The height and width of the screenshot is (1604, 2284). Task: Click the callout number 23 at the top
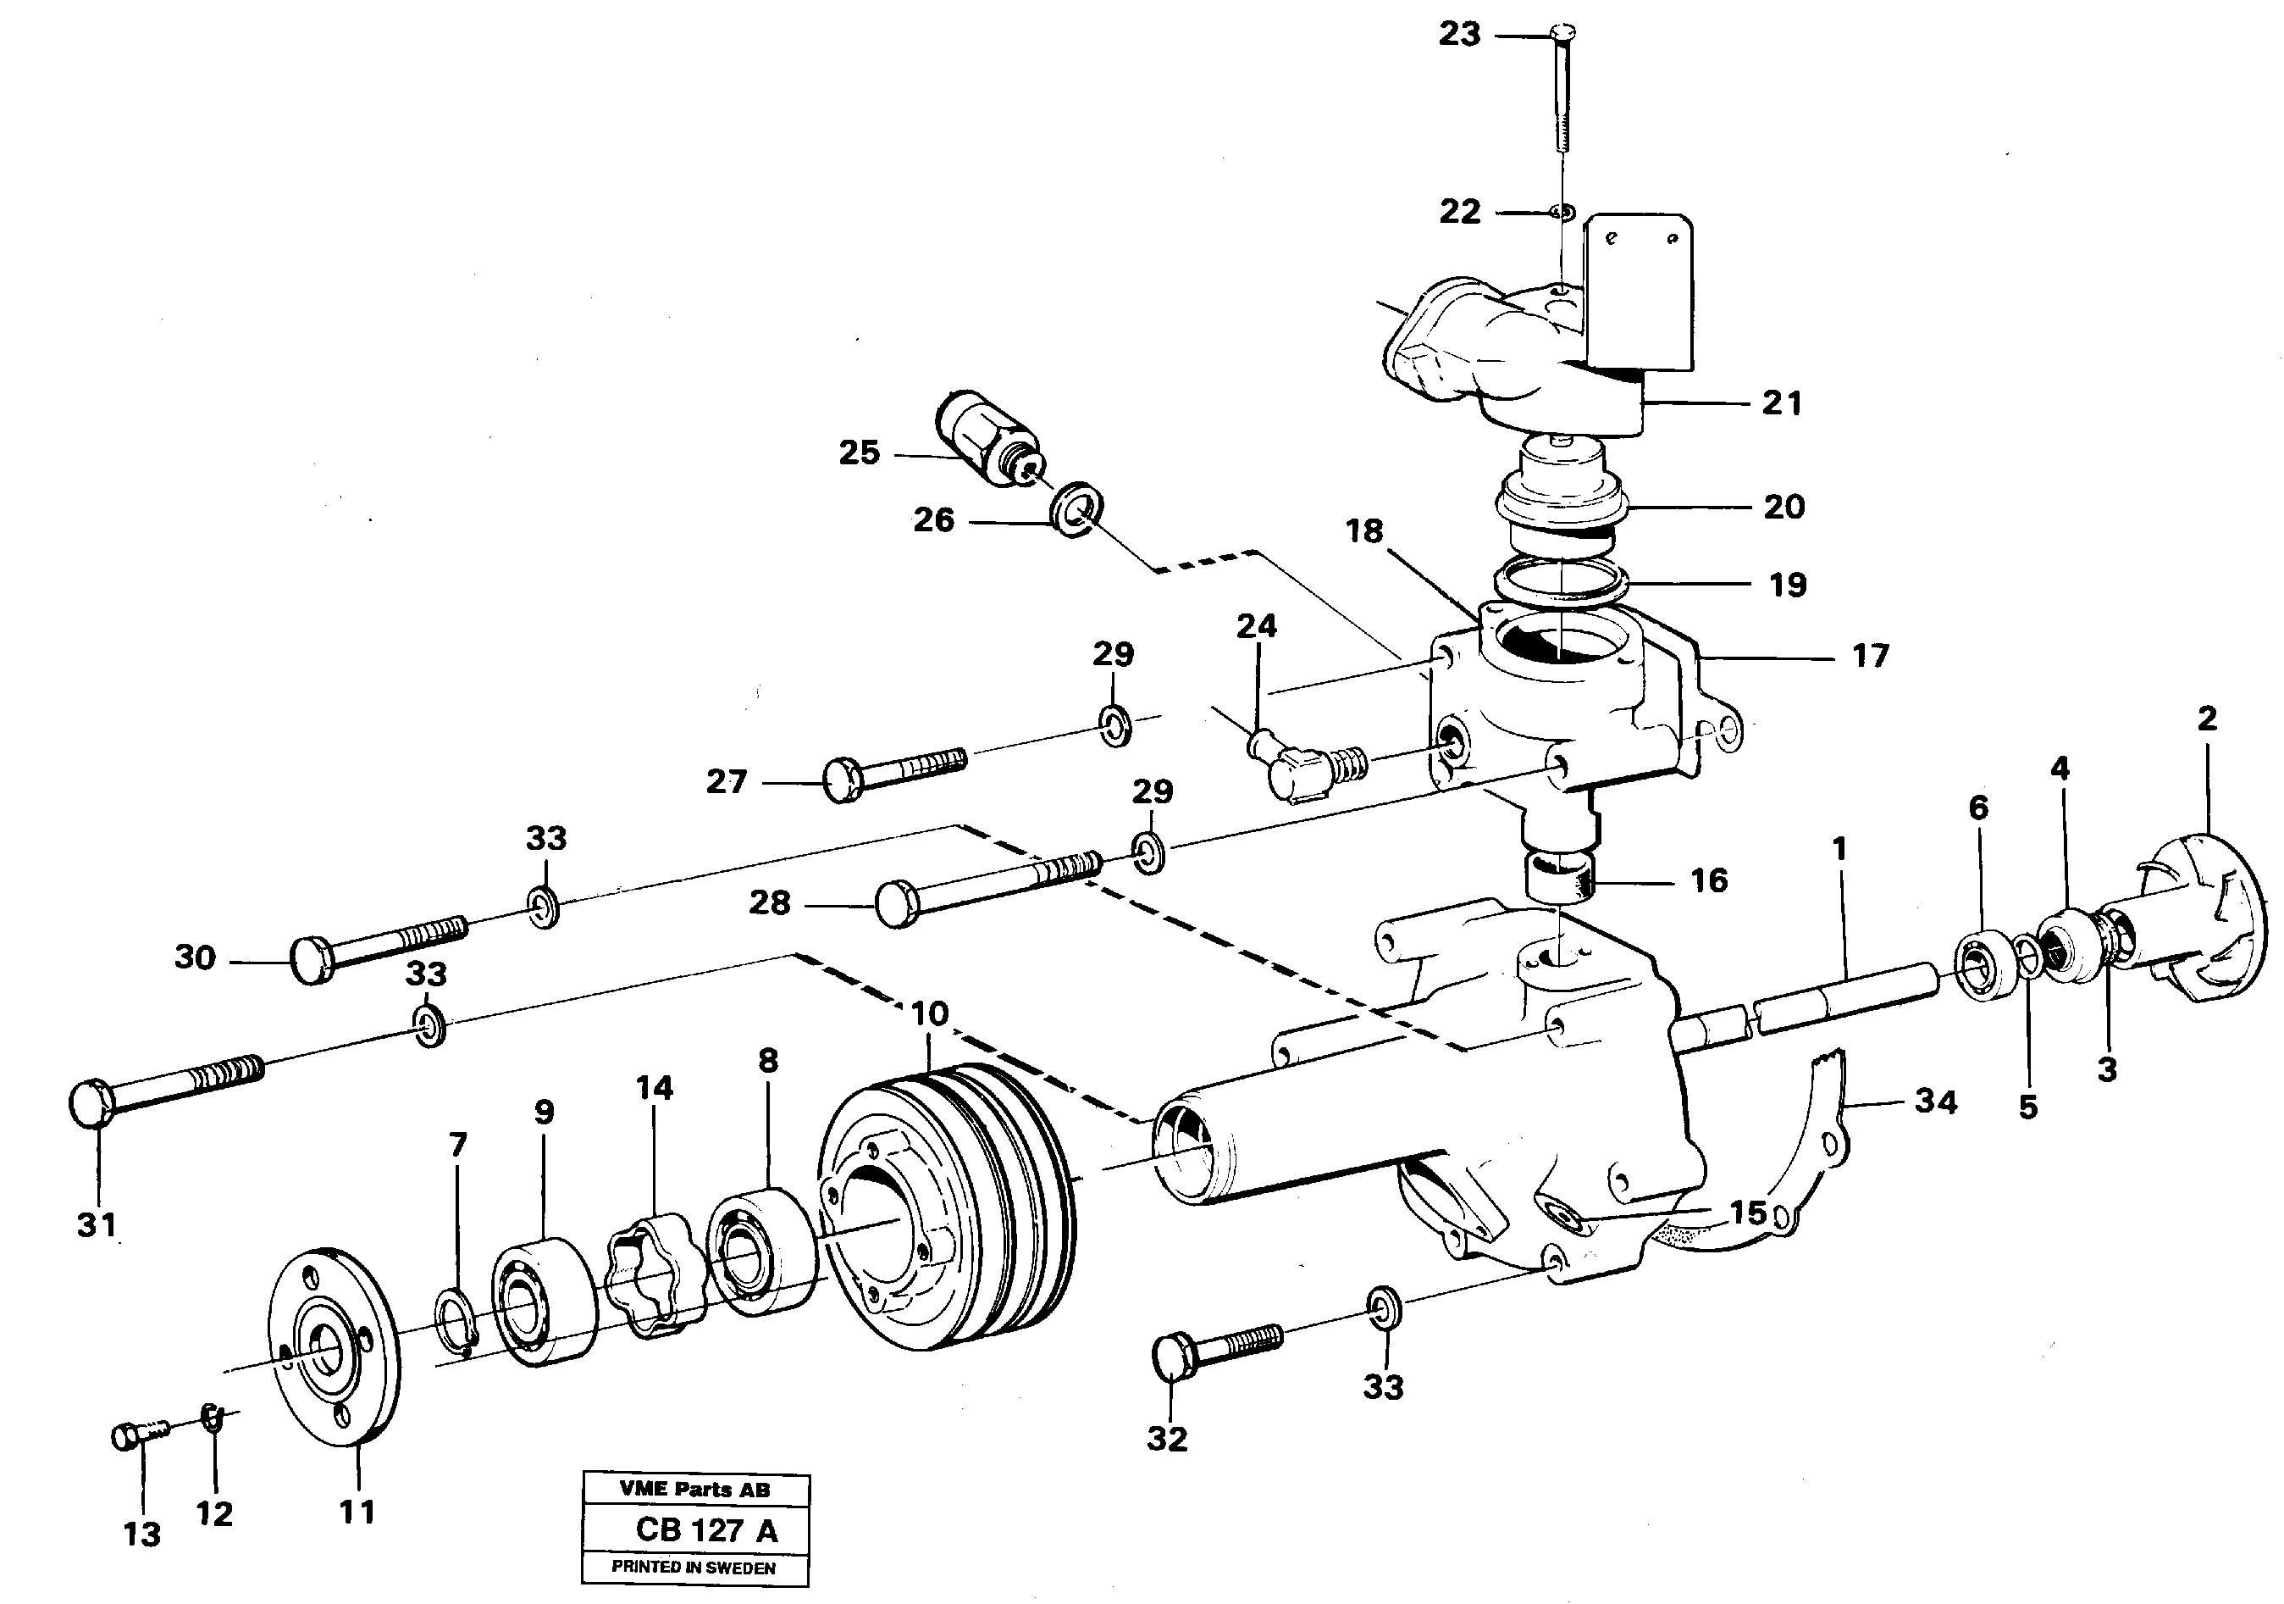pos(1459,35)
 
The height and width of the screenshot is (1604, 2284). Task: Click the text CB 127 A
pos(706,1529)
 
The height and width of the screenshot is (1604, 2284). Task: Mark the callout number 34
pos(1936,1102)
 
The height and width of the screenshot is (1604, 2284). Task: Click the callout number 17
pos(1870,656)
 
